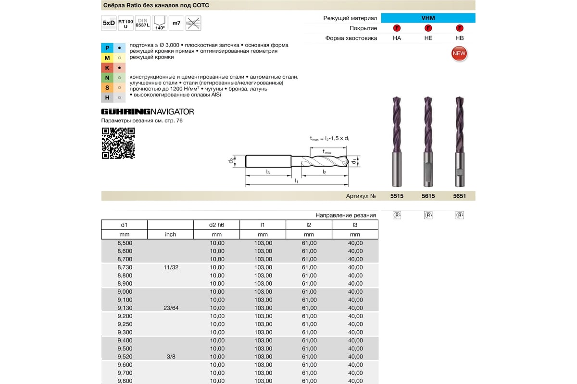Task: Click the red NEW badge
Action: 459,53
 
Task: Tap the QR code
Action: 118,143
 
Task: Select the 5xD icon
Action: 109,23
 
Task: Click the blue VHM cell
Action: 428,18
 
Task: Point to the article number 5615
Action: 428,196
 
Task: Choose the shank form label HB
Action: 459,38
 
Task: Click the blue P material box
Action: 107,48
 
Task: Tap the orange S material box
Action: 107,88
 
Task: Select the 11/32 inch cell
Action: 171,267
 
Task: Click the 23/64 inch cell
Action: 171,308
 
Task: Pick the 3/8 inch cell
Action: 171,357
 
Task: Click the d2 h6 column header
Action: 217,225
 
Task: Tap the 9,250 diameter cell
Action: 125,324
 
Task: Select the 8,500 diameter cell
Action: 125,243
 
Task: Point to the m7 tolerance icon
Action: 176,23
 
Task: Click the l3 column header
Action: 355,225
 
